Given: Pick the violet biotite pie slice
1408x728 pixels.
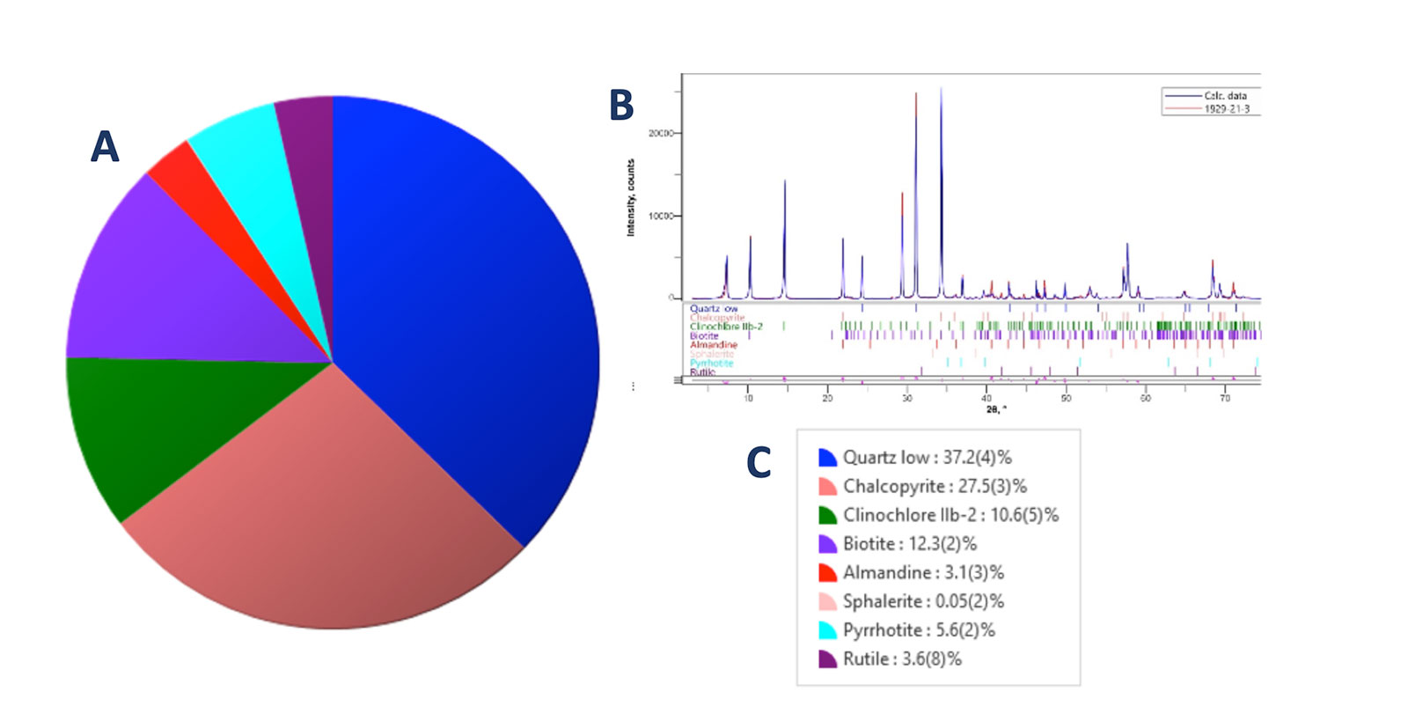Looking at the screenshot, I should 176,290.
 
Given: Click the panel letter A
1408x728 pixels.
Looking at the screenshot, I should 105,146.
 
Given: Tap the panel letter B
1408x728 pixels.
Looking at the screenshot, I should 621,105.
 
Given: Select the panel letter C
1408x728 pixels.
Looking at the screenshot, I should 759,463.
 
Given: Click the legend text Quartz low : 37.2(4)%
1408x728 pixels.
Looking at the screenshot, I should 927,458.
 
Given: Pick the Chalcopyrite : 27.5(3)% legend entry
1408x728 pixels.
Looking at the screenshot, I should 935,487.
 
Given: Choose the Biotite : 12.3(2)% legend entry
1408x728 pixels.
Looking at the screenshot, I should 910,544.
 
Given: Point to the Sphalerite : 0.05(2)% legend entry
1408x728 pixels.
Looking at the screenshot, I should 923,602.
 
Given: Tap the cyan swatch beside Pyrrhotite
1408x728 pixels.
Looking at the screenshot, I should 827,630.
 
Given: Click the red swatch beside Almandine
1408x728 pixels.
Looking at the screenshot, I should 827,573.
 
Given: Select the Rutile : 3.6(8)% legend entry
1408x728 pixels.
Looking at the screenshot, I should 902,659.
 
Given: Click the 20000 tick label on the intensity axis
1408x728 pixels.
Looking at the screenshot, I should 661,133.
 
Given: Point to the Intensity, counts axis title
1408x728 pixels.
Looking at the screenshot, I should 630,198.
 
